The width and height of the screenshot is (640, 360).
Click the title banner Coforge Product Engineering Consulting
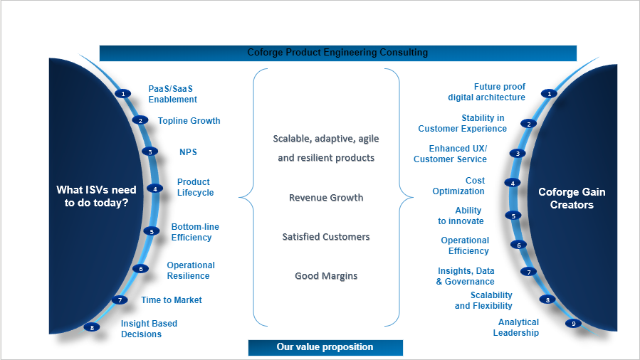tap(337, 53)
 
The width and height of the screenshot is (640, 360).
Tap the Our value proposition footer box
tap(325, 347)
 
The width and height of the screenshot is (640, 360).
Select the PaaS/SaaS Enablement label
tap(172, 94)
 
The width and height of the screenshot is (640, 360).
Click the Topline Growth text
tap(189, 121)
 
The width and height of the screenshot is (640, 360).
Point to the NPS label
tap(188, 152)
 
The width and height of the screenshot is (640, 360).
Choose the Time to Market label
tap(171, 300)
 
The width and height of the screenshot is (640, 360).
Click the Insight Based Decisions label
tap(149, 329)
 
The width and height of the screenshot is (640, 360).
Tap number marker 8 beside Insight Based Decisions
tap(91, 327)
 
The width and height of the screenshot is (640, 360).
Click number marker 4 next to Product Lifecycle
tap(154, 189)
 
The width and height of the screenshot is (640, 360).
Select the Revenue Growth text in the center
tap(326, 198)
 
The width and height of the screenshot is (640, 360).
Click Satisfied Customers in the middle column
tap(326, 236)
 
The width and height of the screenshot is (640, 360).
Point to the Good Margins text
tap(326, 275)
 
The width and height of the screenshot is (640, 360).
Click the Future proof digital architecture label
tap(487, 92)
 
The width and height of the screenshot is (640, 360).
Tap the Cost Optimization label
tap(458, 186)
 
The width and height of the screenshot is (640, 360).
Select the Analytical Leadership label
tap(516, 327)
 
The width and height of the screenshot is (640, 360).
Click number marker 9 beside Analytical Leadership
tap(574, 323)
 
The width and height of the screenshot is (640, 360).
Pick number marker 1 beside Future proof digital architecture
tap(548, 93)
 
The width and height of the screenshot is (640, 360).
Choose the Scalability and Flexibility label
tap(483, 300)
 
